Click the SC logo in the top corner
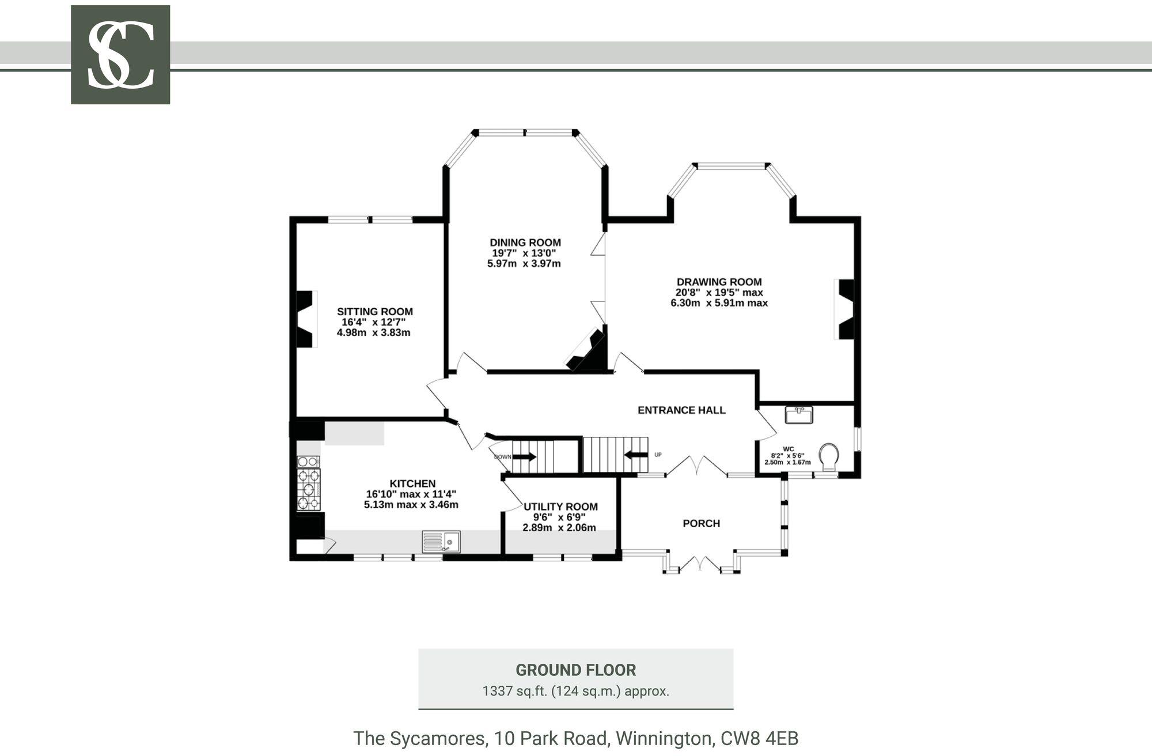[120, 55]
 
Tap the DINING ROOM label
[525, 243]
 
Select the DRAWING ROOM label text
[719, 282]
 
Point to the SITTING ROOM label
[375, 312]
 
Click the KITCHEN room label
[412, 483]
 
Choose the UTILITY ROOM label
[560, 506]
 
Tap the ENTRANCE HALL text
[681, 410]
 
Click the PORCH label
[702, 523]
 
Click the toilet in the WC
[829, 457]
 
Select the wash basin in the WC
[799, 415]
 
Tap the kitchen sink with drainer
[441, 542]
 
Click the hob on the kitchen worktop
[309, 489]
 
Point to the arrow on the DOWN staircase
[524, 457]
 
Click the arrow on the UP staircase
[635, 455]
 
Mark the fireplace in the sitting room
[305, 319]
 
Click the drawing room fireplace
[845, 309]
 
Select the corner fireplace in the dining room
[588, 350]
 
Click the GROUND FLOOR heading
[576, 670]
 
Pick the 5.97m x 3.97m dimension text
[524, 264]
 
